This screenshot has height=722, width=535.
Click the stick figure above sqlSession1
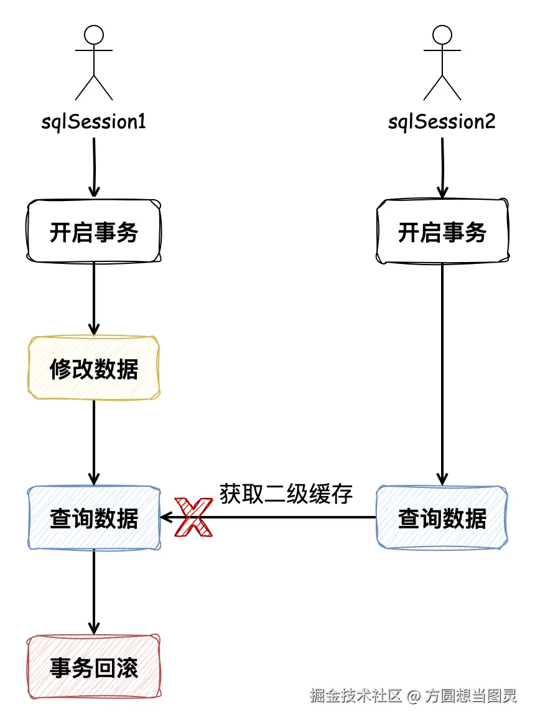[x=94, y=62]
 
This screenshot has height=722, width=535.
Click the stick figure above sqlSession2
[x=442, y=62]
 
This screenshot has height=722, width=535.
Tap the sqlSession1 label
[x=94, y=121]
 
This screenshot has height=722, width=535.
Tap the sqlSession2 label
[x=442, y=121]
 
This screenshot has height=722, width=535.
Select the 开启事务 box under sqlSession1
[x=94, y=232]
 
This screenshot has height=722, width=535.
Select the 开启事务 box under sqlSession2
[x=442, y=232]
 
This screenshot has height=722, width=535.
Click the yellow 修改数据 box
[x=94, y=368]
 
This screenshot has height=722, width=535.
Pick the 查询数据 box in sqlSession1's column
[x=94, y=518]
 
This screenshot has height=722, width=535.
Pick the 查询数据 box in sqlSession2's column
[x=442, y=518]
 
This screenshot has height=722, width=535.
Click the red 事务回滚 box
[x=94, y=667]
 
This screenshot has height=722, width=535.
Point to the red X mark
[x=193, y=517]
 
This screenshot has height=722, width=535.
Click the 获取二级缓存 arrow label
[x=286, y=494]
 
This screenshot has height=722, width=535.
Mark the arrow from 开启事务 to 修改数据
[x=94, y=299]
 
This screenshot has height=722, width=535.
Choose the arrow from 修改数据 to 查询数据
[x=94, y=442]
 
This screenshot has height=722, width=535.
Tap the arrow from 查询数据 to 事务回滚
[x=94, y=591]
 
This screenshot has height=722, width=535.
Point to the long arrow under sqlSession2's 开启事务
[x=442, y=373]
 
